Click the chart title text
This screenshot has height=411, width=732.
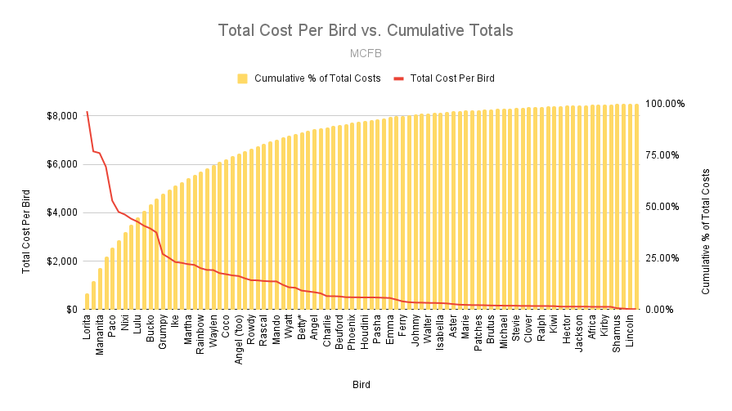pos(365,30)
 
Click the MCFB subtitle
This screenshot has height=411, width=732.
pos(365,53)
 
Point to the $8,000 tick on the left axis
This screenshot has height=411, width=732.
pos(62,115)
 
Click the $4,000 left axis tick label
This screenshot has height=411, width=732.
pos(62,212)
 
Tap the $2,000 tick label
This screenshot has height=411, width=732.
pos(62,261)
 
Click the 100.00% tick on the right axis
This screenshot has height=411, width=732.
pos(663,104)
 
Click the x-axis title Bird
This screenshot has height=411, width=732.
pos(362,383)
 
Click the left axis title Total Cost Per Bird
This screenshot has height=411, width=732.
pos(27,230)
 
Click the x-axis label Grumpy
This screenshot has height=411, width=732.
pos(163,330)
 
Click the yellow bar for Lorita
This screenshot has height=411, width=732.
pos(87,302)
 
